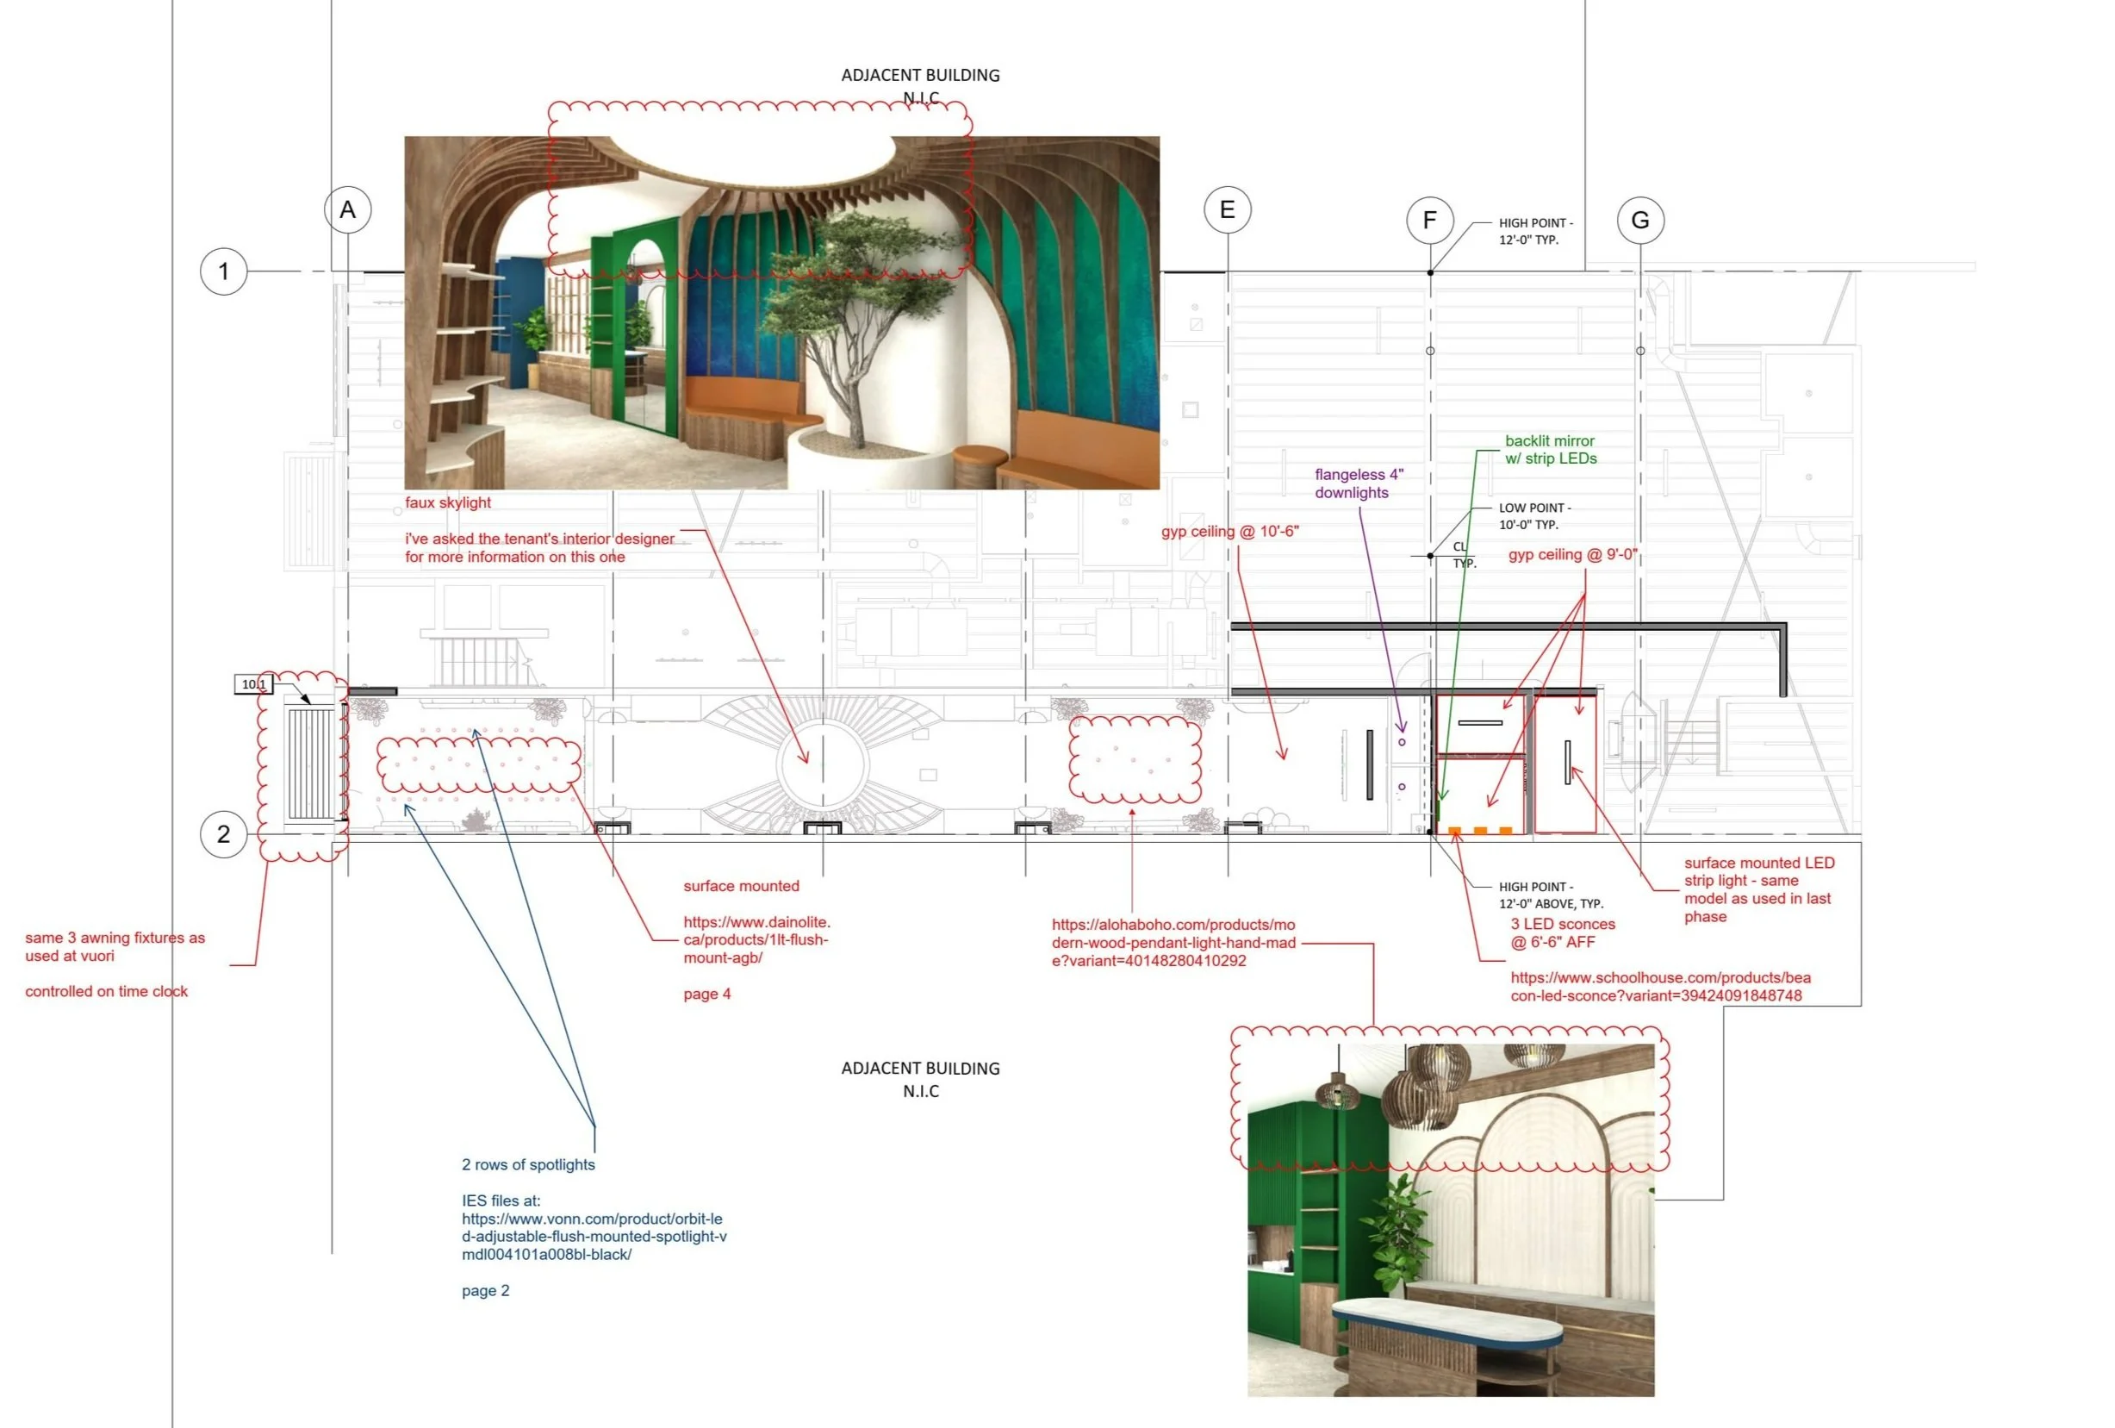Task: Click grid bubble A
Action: click(x=348, y=210)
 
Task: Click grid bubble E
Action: click(x=1227, y=210)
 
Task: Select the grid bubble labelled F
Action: click(x=1430, y=221)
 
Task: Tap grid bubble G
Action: click(x=1640, y=221)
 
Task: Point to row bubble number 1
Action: click(x=224, y=271)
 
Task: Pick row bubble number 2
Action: click(x=224, y=833)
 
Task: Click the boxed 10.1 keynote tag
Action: click(x=254, y=684)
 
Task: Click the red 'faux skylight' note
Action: click(x=448, y=503)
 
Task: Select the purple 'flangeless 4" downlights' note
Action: click(x=1359, y=483)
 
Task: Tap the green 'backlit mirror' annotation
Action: click(x=1550, y=450)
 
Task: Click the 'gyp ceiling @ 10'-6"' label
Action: click(x=1229, y=532)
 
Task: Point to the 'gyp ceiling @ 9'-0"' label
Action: click(x=1572, y=555)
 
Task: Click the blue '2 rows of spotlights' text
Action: click(x=528, y=1165)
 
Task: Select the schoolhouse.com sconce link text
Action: click(x=1660, y=987)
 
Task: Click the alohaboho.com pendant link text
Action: click(x=1173, y=943)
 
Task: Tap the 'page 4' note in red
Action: click(x=707, y=994)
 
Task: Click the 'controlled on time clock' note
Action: click(x=107, y=991)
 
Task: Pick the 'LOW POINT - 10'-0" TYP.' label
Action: click(x=1534, y=516)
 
